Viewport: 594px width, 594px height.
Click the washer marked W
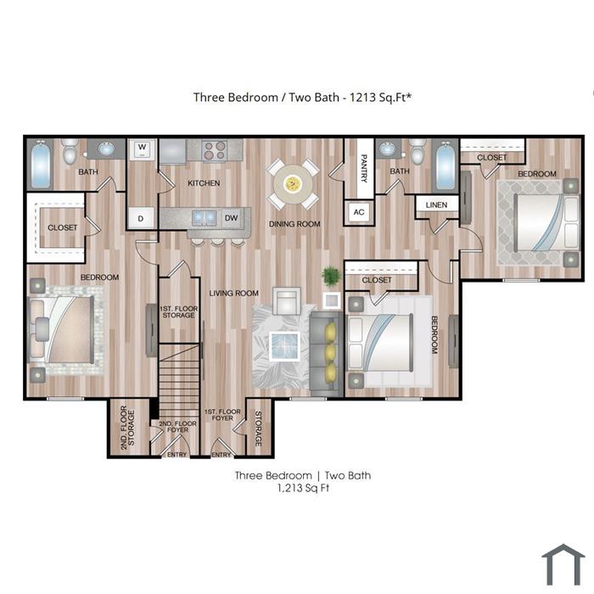tap(142, 148)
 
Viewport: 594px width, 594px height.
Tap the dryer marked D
tap(142, 218)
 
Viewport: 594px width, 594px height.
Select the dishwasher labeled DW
tap(232, 218)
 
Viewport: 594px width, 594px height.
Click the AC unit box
tap(359, 212)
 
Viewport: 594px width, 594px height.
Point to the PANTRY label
tap(364, 168)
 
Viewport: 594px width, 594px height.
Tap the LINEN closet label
tap(436, 205)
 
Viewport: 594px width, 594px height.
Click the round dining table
tap(293, 184)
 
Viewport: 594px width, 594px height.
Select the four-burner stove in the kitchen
tap(215, 151)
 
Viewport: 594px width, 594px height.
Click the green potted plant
tap(332, 276)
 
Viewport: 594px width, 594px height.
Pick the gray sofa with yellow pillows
tap(326, 351)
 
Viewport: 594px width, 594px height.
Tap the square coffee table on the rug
tap(284, 346)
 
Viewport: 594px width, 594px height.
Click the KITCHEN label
tap(204, 183)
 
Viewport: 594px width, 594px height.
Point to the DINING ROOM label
tap(294, 224)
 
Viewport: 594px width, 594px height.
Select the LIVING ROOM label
tap(233, 294)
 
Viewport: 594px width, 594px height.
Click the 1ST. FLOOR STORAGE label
tap(179, 311)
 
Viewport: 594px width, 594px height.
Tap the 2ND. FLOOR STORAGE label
tap(127, 428)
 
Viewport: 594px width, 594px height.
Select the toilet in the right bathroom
tap(418, 152)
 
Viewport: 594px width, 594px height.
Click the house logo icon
tap(563, 565)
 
